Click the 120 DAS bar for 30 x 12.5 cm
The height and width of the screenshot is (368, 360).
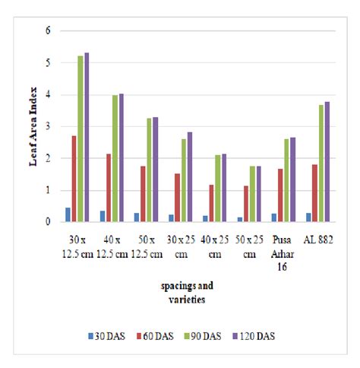click(87, 138)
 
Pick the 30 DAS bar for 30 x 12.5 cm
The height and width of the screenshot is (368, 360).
click(68, 214)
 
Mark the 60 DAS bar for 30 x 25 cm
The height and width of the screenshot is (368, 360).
click(177, 198)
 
